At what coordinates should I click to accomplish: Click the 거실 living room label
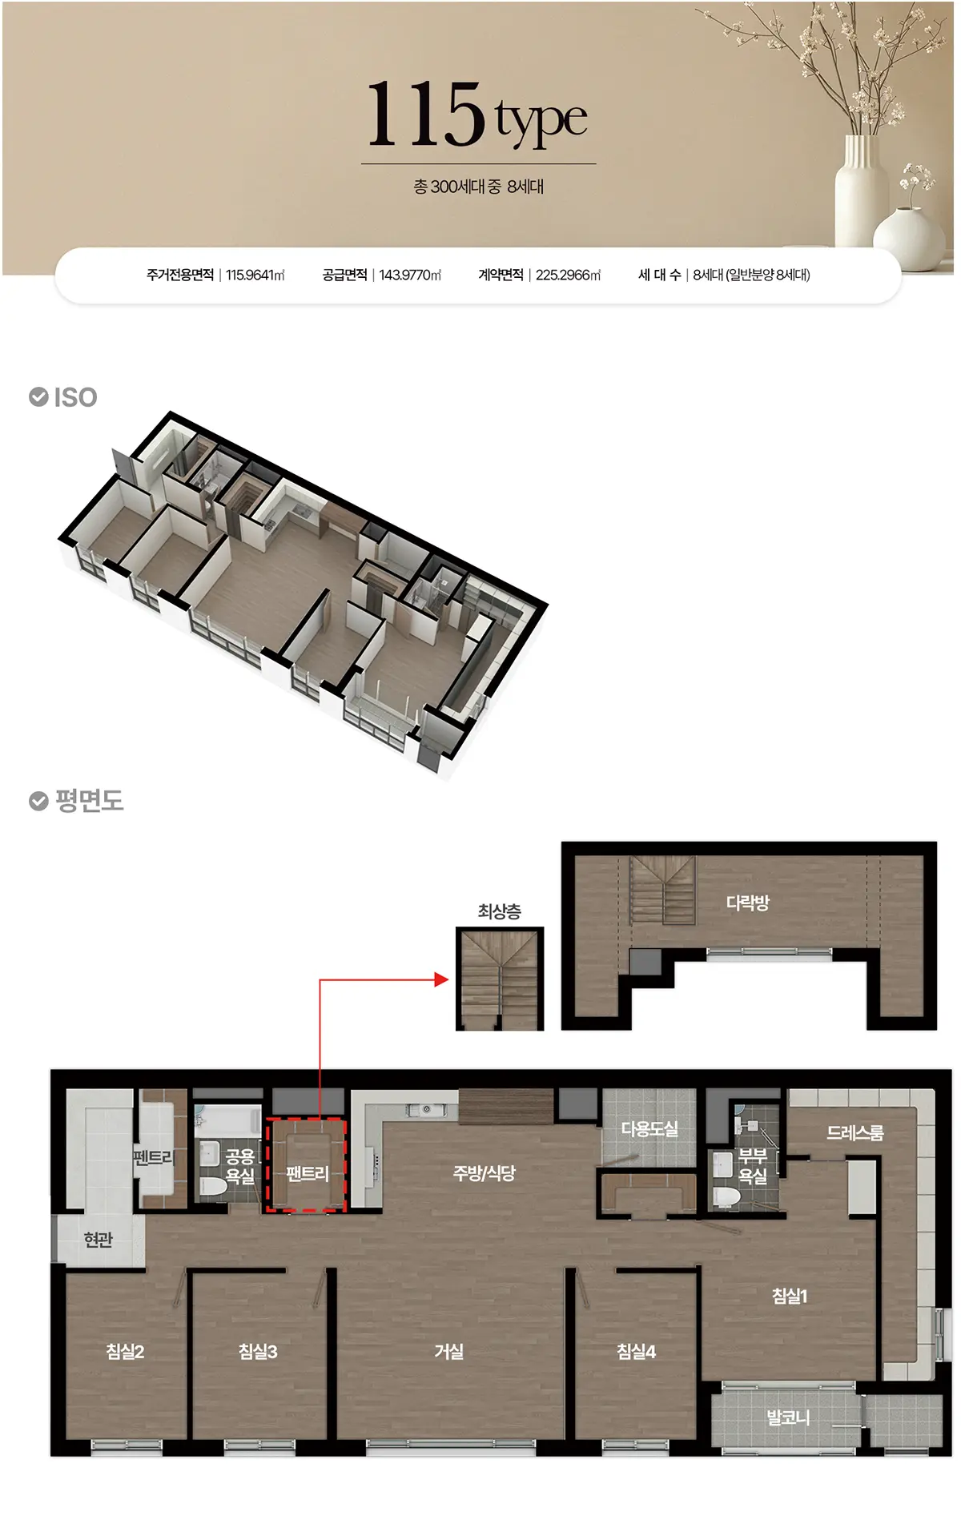[x=449, y=1352]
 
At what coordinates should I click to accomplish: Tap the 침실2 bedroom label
[x=125, y=1352]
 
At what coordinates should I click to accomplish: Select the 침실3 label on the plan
[x=258, y=1352]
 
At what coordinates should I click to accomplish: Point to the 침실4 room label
[x=637, y=1352]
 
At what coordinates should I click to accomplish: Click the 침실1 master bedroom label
[x=790, y=1296]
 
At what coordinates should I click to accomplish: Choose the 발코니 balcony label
[x=788, y=1417]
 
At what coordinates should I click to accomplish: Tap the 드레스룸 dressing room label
[x=855, y=1132]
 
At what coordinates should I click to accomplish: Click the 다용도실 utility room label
[x=649, y=1129]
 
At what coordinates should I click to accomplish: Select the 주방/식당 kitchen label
[x=485, y=1173]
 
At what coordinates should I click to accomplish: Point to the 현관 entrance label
[x=99, y=1240]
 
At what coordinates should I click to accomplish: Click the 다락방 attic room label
[x=748, y=903]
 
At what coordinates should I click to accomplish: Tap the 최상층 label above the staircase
[x=500, y=911]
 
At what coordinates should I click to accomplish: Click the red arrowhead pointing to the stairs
[x=441, y=979]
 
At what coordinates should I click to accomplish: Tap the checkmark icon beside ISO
[x=38, y=396]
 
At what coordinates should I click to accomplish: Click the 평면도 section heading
[x=89, y=801]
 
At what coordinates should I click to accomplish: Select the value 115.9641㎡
[x=255, y=275]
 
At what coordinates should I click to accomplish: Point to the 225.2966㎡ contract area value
[x=569, y=275]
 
